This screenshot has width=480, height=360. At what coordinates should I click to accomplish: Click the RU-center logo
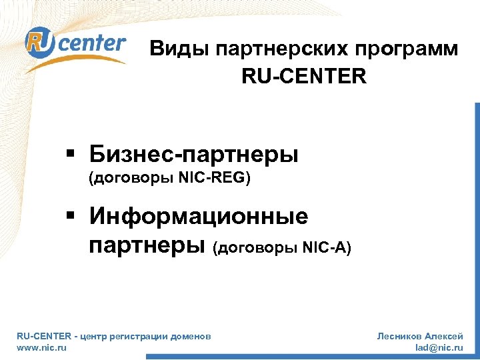[x=75, y=45]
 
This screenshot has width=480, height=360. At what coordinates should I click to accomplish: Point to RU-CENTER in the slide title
[x=304, y=77]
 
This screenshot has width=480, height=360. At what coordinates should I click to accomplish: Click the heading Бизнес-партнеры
[x=194, y=155]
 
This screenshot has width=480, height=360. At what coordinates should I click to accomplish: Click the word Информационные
[x=199, y=216]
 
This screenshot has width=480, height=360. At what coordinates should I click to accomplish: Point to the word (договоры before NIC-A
[x=255, y=248]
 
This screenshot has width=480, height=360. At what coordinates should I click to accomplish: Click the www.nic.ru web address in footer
[x=41, y=348]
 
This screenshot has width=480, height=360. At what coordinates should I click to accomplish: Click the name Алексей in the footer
[x=446, y=337]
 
